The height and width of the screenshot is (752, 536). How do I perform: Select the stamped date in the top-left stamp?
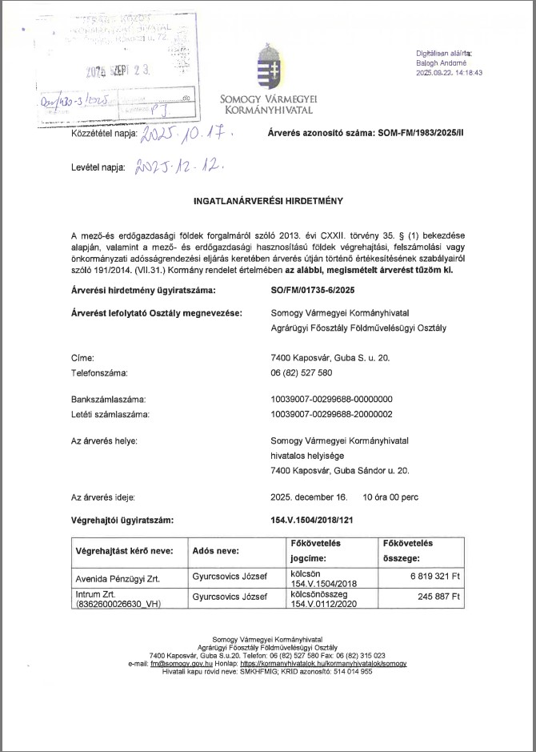click(x=119, y=71)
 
